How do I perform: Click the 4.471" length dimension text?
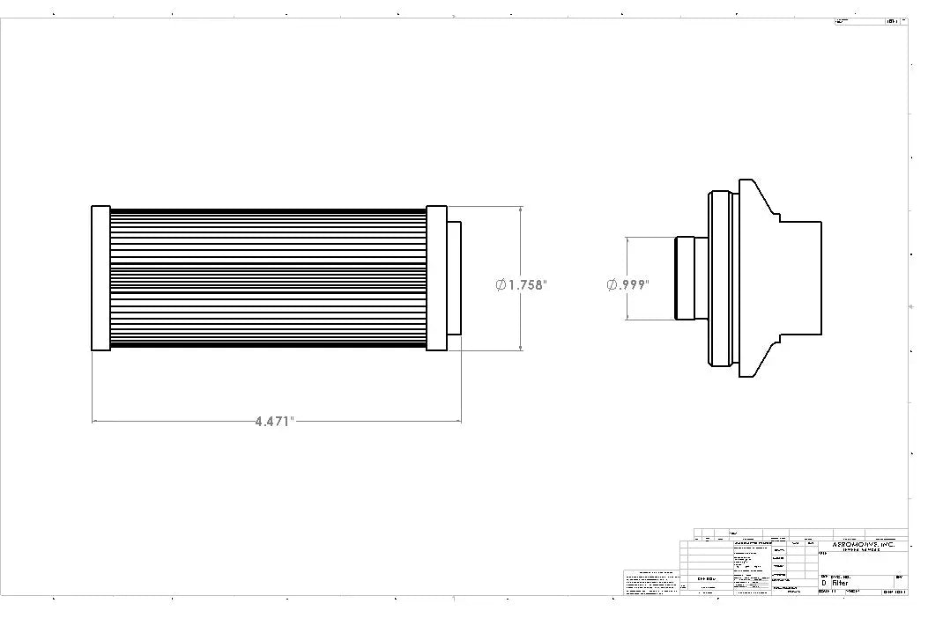[x=274, y=422]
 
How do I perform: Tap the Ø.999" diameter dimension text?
[x=627, y=284]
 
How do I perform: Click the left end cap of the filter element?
[x=100, y=278]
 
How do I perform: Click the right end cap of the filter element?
[x=436, y=278]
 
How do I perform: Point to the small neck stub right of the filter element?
[x=454, y=278]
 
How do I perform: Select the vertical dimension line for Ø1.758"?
[x=521, y=246]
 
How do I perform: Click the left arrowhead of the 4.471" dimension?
[x=95, y=422]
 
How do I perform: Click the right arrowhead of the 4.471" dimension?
[x=457, y=422]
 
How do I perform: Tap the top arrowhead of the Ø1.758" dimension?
[x=521, y=210]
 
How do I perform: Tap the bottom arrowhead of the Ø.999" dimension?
[x=627, y=317]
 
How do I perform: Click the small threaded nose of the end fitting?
[x=684, y=278]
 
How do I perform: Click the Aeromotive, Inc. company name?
[x=863, y=545]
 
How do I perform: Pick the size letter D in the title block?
[x=824, y=583]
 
